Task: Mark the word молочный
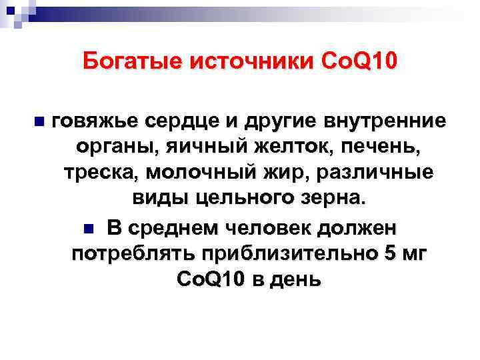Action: click(x=199, y=172)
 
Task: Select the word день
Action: click(x=293, y=279)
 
